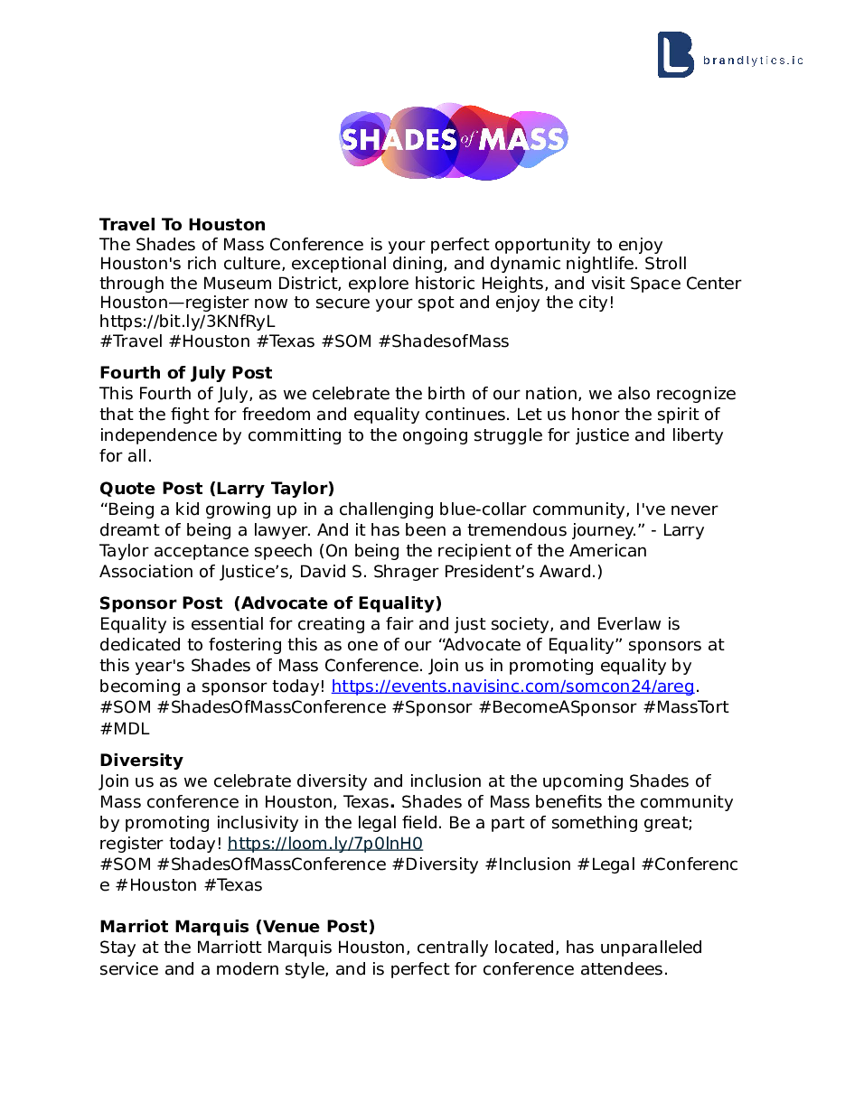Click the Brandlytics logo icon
[675, 55]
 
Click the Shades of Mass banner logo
[454, 140]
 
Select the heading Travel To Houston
[183, 225]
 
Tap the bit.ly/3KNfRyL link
[187, 322]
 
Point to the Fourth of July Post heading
[185, 373]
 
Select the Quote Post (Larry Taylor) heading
[217, 490]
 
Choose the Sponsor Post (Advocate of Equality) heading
[270, 603]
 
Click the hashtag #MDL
[125, 729]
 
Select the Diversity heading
[141, 761]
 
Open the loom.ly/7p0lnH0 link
[324, 845]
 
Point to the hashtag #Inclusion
[528, 865]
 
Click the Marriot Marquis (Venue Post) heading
[237, 927]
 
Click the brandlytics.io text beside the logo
[753, 61]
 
